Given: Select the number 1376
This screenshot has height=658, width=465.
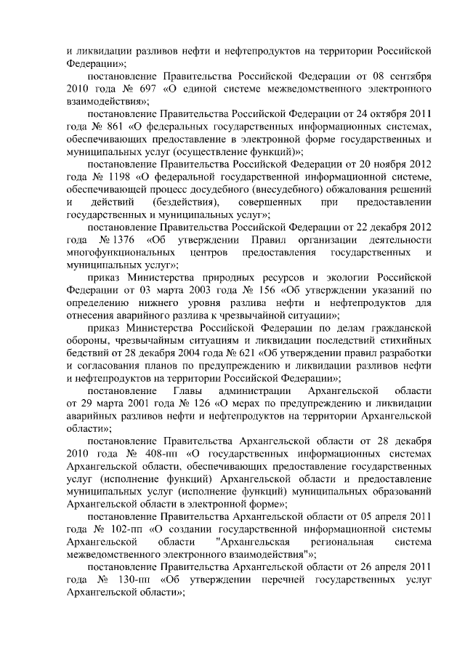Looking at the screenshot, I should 116,241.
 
